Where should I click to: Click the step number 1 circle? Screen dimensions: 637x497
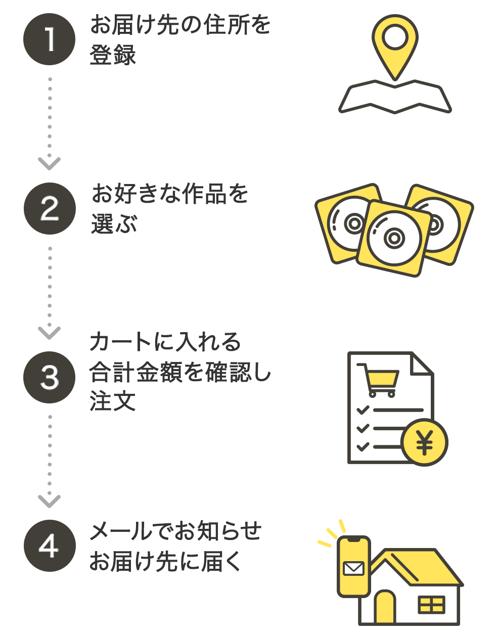50,39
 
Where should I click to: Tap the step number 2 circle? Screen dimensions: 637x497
50,209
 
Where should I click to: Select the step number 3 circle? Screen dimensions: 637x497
50,377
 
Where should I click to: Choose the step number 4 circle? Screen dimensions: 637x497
50,546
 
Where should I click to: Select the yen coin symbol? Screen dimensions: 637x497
425,443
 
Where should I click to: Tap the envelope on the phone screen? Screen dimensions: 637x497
353,568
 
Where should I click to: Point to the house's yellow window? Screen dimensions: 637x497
431,605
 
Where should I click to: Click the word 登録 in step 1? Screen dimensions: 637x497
113,55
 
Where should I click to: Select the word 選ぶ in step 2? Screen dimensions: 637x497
114,223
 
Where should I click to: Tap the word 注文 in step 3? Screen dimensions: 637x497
112,402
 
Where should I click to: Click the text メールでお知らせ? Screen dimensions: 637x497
175,531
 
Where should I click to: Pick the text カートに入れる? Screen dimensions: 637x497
165,342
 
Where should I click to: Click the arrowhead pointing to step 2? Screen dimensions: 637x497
50,163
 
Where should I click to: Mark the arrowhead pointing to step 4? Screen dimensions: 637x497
50,500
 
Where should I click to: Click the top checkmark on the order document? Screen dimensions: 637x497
363,409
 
